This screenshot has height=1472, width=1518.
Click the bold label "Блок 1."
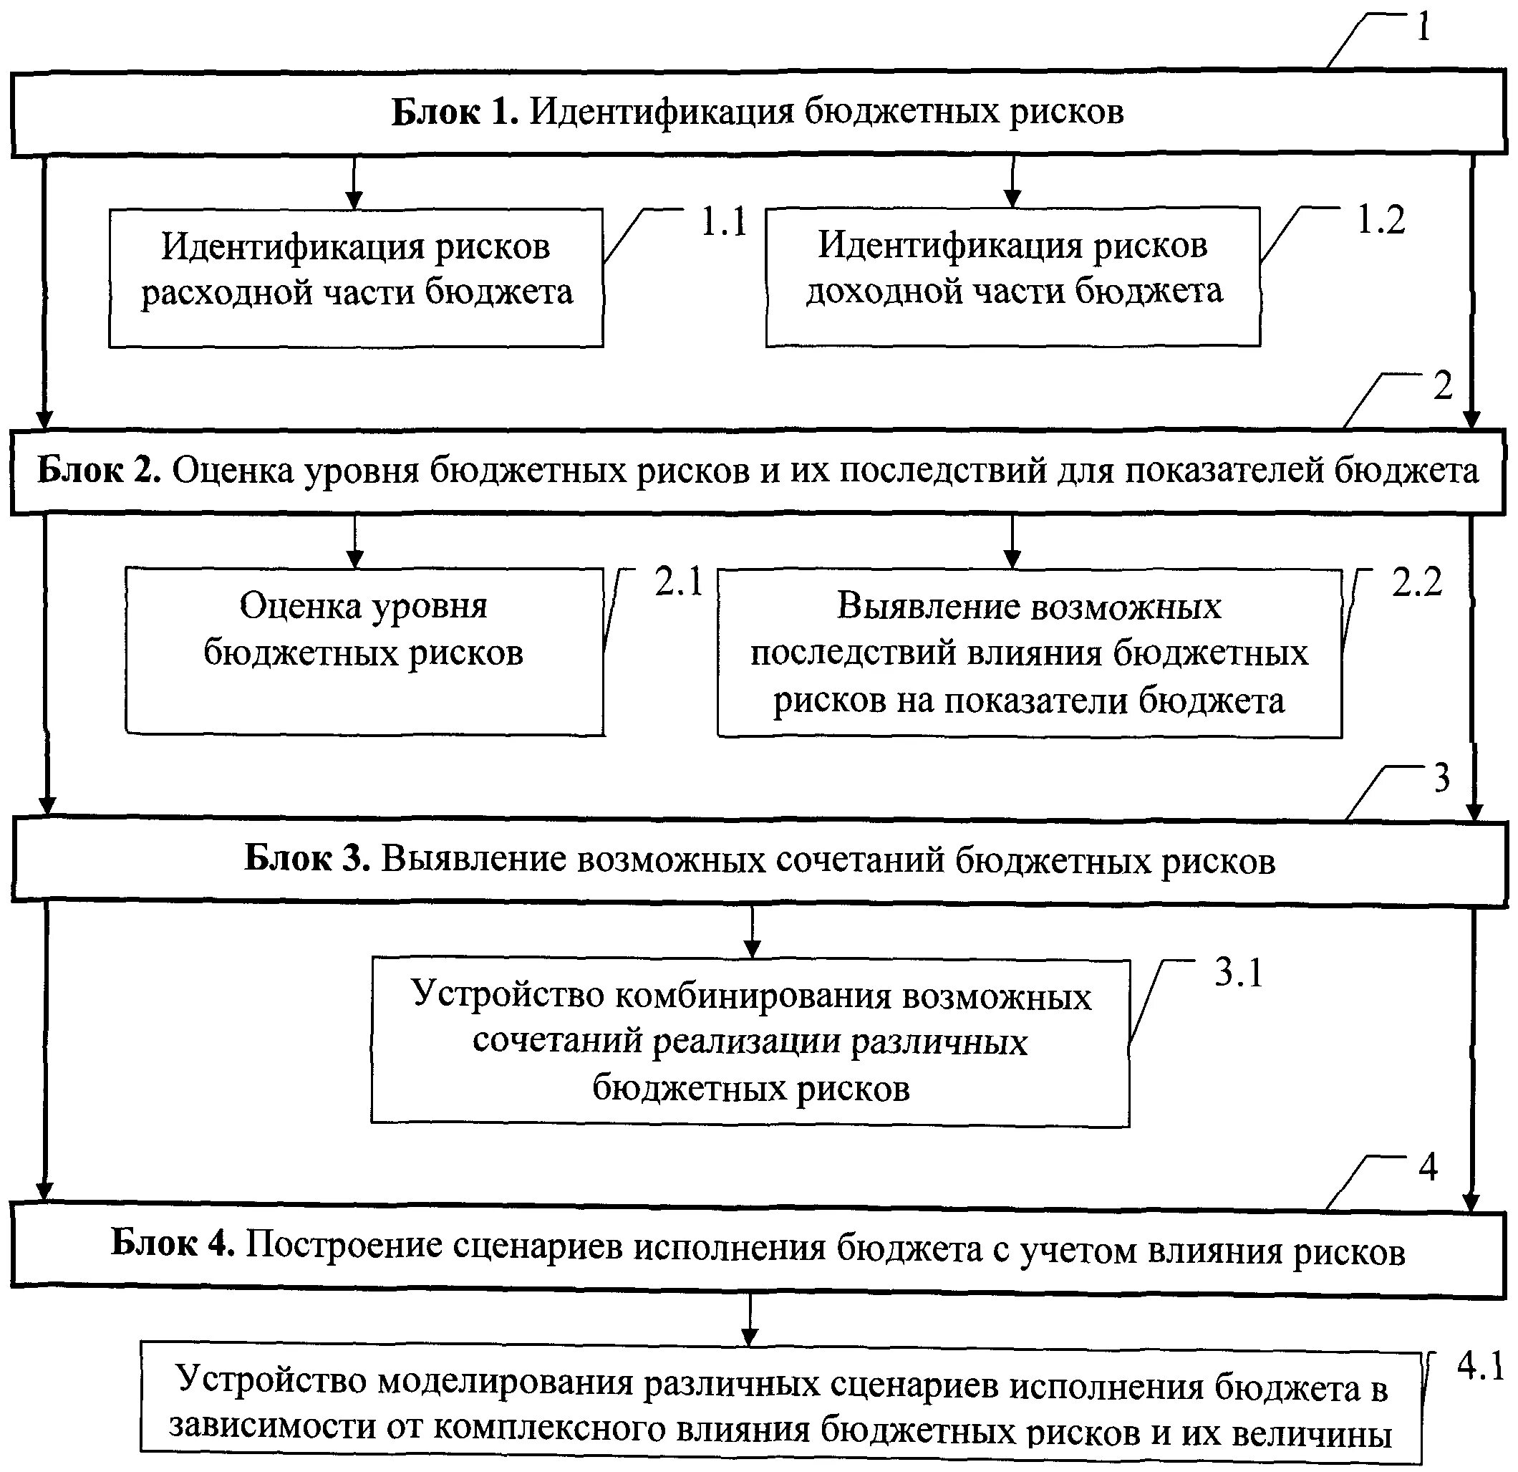(x=454, y=112)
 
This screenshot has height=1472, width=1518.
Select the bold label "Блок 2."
(x=99, y=471)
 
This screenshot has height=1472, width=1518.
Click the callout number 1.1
(x=723, y=221)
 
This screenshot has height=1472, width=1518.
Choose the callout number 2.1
(x=679, y=582)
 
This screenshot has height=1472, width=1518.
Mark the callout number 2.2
(x=1416, y=582)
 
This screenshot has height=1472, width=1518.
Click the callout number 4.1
(x=1480, y=1366)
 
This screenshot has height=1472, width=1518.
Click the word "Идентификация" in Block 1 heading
(x=662, y=112)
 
